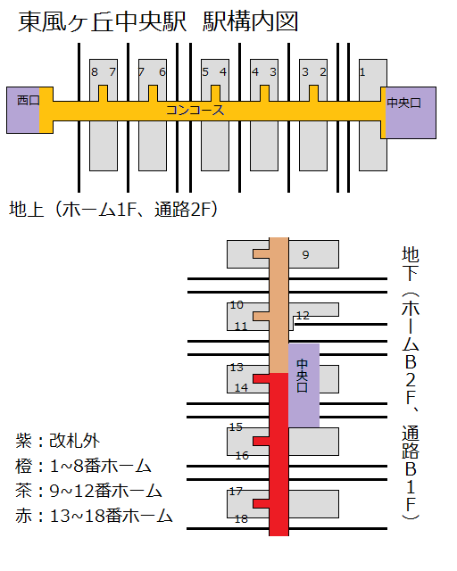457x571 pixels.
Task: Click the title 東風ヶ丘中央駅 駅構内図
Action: pos(158,21)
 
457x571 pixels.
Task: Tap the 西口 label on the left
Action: pos(28,100)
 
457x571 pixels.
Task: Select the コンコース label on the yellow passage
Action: pos(195,110)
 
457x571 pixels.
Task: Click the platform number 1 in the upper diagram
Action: pos(362,72)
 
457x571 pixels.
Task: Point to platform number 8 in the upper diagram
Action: pos(95,72)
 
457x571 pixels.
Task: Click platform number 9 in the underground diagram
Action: pos(306,254)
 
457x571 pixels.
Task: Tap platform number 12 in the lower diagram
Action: pos(303,315)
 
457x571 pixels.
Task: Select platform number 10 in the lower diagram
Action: pos(237,305)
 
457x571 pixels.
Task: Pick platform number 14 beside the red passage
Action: pos(241,388)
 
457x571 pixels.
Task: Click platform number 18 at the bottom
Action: pos(241,518)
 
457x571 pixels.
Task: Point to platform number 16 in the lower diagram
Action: pos(242,456)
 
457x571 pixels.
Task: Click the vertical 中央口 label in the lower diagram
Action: pos(302,376)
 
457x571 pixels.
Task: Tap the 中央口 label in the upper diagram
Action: pos(403,103)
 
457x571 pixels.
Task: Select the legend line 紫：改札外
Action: pos(58,441)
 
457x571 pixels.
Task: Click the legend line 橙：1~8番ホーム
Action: pos(83,466)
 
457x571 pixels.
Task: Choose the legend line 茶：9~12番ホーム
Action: pos(88,491)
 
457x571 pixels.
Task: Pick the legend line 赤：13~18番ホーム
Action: pos(94,516)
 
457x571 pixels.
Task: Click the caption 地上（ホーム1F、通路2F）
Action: pos(113,210)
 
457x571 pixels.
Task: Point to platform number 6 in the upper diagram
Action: pos(162,72)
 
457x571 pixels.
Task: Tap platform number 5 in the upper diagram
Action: pos(205,72)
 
